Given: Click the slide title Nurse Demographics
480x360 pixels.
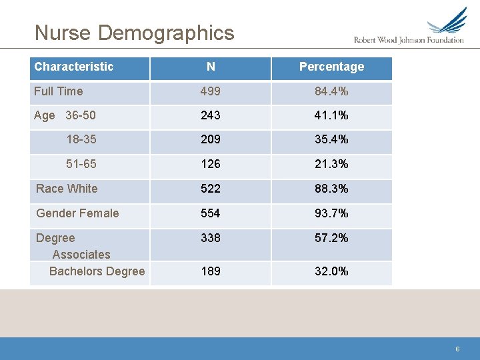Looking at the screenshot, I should [x=134, y=33].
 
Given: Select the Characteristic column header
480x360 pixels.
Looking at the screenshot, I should [x=74, y=67].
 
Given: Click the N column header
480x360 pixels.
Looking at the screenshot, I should [x=211, y=67].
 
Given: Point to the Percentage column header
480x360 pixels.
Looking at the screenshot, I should [x=331, y=67].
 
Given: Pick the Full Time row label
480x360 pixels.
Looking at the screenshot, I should [x=59, y=91].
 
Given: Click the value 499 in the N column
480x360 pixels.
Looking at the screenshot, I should [x=211, y=91].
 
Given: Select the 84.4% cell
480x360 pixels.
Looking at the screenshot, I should [x=331, y=91].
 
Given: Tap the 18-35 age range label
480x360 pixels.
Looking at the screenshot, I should [x=81, y=139].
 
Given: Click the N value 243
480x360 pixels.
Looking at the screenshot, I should [x=211, y=115].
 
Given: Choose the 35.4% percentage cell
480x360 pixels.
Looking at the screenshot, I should [x=331, y=139].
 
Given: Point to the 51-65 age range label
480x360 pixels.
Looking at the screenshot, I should [x=81, y=164].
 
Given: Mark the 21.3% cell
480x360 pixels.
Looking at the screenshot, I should [x=331, y=164].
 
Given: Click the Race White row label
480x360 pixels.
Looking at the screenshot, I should [x=67, y=189].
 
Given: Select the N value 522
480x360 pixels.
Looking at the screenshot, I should [x=211, y=189].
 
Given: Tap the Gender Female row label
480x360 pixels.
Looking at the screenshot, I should [x=77, y=213].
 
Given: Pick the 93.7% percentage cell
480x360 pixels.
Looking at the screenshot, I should [x=331, y=213].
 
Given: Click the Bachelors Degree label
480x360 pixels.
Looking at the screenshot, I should [x=97, y=271].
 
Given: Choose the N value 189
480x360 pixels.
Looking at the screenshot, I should [x=211, y=271].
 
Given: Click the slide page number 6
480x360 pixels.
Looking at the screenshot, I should [x=457, y=349].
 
